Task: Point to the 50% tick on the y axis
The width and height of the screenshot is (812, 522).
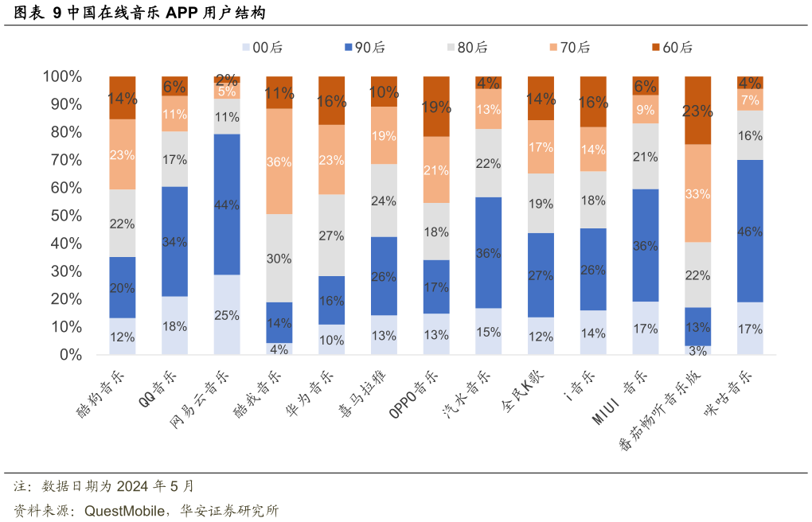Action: pos(62,216)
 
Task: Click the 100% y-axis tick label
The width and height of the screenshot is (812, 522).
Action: pos(62,76)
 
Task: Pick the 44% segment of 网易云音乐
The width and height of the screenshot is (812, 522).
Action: pos(227,205)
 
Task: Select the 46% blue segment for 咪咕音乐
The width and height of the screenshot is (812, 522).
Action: pos(750,232)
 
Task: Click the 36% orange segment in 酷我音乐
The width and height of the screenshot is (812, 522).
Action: pos(279,162)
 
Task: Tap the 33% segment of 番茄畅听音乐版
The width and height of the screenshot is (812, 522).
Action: pos(697,193)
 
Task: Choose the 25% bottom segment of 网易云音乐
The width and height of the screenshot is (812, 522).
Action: pos(227,315)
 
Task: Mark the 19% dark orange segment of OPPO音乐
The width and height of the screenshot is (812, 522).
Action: pos(435,107)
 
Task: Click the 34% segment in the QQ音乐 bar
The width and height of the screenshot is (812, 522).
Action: pos(174,242)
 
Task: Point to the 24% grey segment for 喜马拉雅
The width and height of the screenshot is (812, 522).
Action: pos(384,201)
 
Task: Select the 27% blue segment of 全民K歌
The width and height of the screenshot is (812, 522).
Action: pos(541,275)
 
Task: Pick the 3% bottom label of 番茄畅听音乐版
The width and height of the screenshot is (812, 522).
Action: pos(697,351)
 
